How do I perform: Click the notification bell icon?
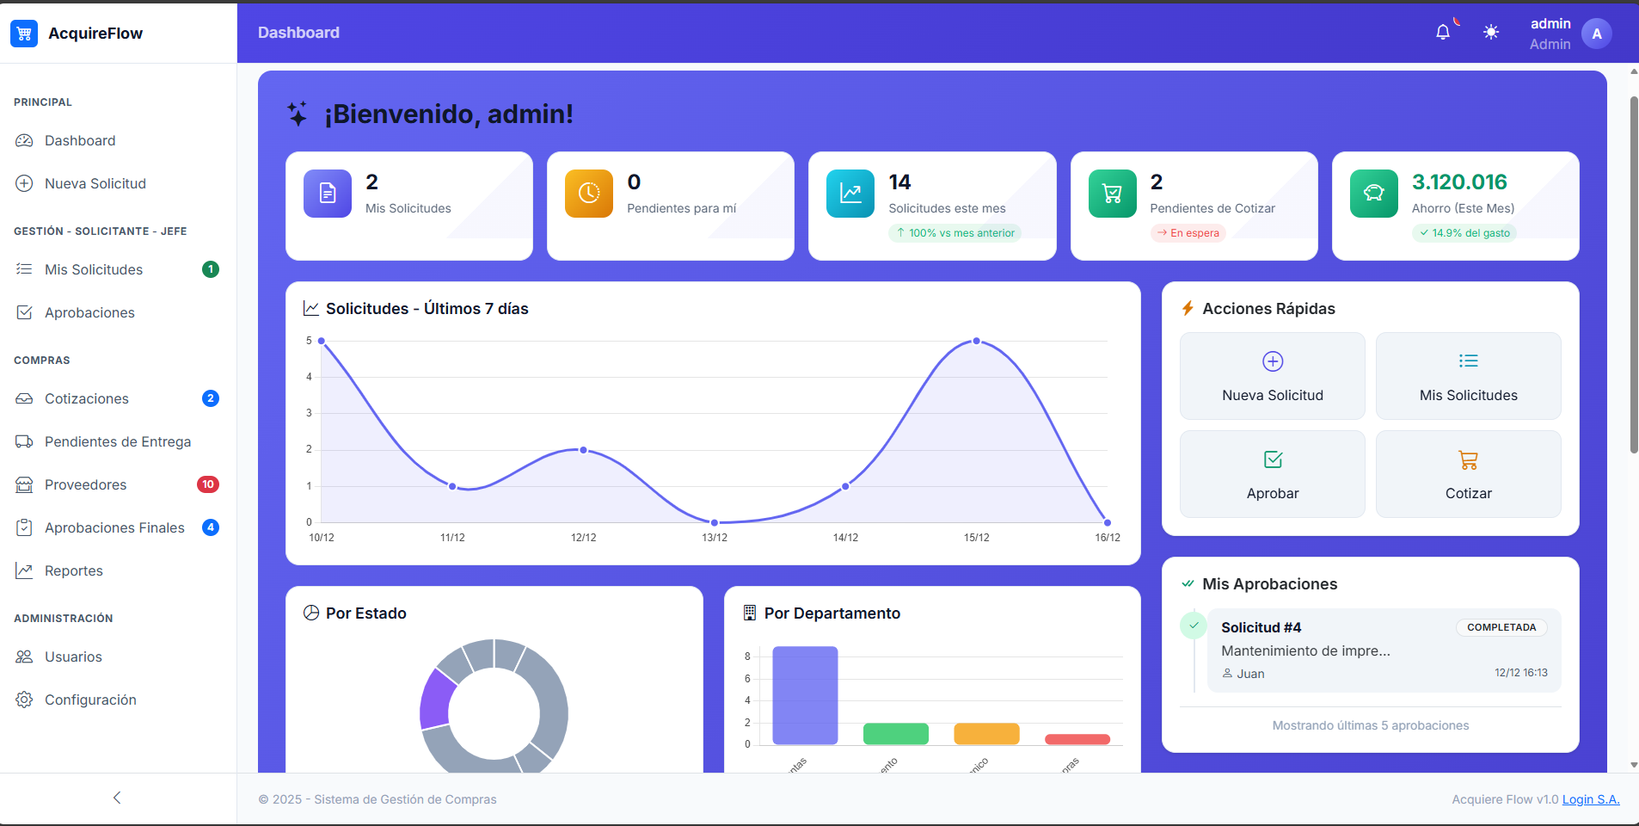pos(1443,33)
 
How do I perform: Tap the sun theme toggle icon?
pos(1491,33)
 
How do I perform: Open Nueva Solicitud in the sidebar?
pos(95,183)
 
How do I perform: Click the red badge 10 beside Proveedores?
pos(208,484)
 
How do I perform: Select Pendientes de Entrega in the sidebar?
pos(117,441)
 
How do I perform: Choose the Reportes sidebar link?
pos(73,570)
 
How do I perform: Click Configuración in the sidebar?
pos(90,700)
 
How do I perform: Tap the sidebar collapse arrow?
pos(117,798)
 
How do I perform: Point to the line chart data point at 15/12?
pos(976,342)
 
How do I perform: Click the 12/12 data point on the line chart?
pos(583,450)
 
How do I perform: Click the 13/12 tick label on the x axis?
pos(715,538)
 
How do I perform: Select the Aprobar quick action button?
pos(1272,474)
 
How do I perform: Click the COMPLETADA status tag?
pos(1501,627)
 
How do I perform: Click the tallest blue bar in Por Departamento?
pos(805,695)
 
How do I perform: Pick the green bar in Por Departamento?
pos(895,734)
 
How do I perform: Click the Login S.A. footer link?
pos(1590,799)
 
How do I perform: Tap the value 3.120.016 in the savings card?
pos(1459,182)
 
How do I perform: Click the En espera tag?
pos(1188,233)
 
